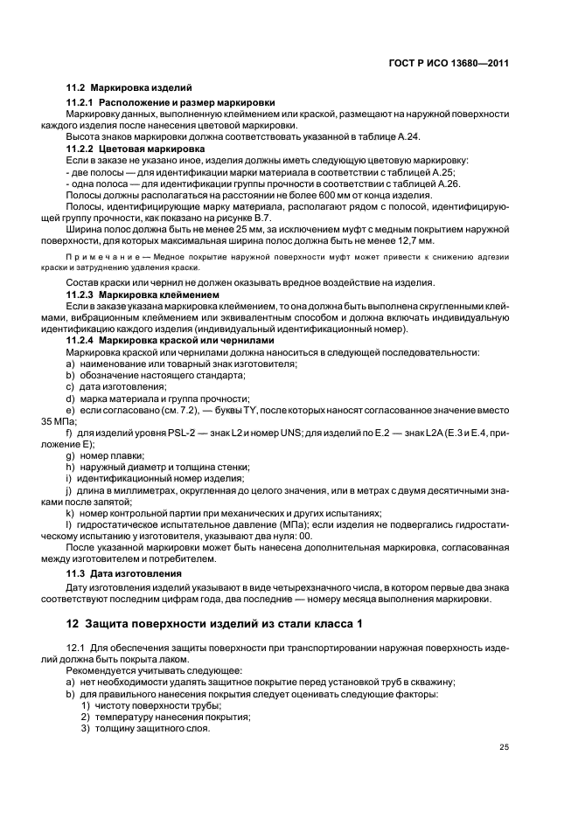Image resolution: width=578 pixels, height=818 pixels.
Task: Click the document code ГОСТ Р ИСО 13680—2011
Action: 450,63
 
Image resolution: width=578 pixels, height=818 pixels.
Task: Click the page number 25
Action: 504,746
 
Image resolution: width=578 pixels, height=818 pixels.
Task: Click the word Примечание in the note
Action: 99,259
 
